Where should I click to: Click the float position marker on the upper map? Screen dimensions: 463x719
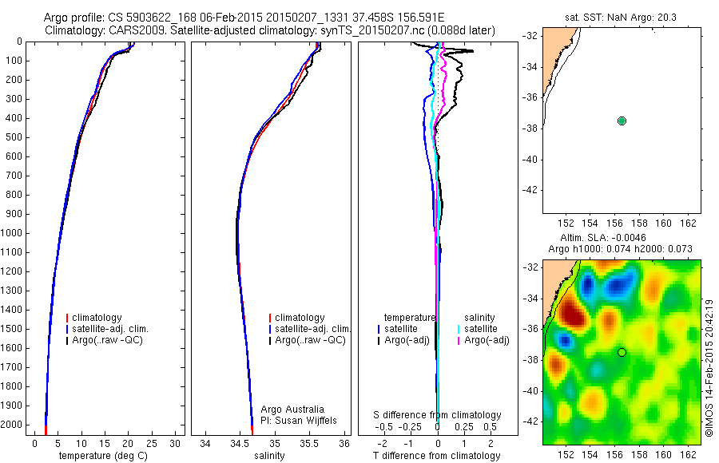pyautogui.click(x=622, y=121)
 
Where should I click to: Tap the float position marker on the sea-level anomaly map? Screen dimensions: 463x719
pyautogui.click(x=622, y=352)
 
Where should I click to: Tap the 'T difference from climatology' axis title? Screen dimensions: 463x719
pyautogui.click(x=437, y=456)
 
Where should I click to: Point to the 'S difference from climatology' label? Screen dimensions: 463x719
pyautogui.click(x=437, y=415)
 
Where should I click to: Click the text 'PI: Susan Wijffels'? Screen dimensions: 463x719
pyautogui.click(x=300, y=421)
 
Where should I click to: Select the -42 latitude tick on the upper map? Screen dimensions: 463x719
pyautogui.click(x=529, y=190)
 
